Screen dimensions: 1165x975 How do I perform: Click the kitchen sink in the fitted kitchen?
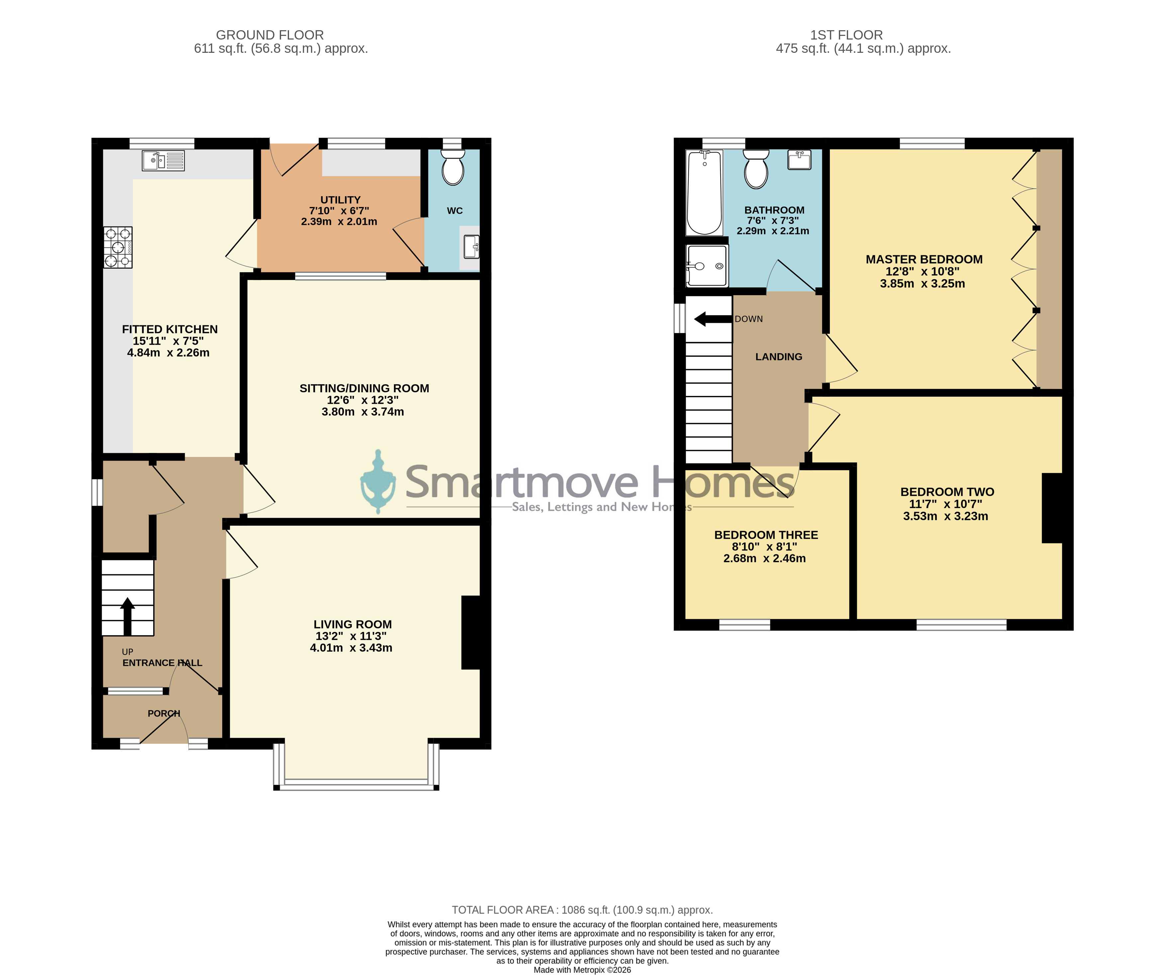coord(163,161)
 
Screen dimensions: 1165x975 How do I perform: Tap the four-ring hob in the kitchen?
coord(118,247)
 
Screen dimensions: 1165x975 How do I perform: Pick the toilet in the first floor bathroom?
coord(756,169)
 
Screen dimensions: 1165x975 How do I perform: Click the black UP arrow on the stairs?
coord(128,616)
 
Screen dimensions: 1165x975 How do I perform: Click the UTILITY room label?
coord(340,200)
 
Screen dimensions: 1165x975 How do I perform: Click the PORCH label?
coord(164,713)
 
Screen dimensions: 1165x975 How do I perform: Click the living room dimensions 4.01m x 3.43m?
coord(351,648)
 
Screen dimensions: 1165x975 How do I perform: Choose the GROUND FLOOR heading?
coord(270,35)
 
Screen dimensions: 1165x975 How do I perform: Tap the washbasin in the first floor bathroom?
coord(799,160)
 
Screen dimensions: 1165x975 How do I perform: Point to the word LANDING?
coord(779,357)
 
